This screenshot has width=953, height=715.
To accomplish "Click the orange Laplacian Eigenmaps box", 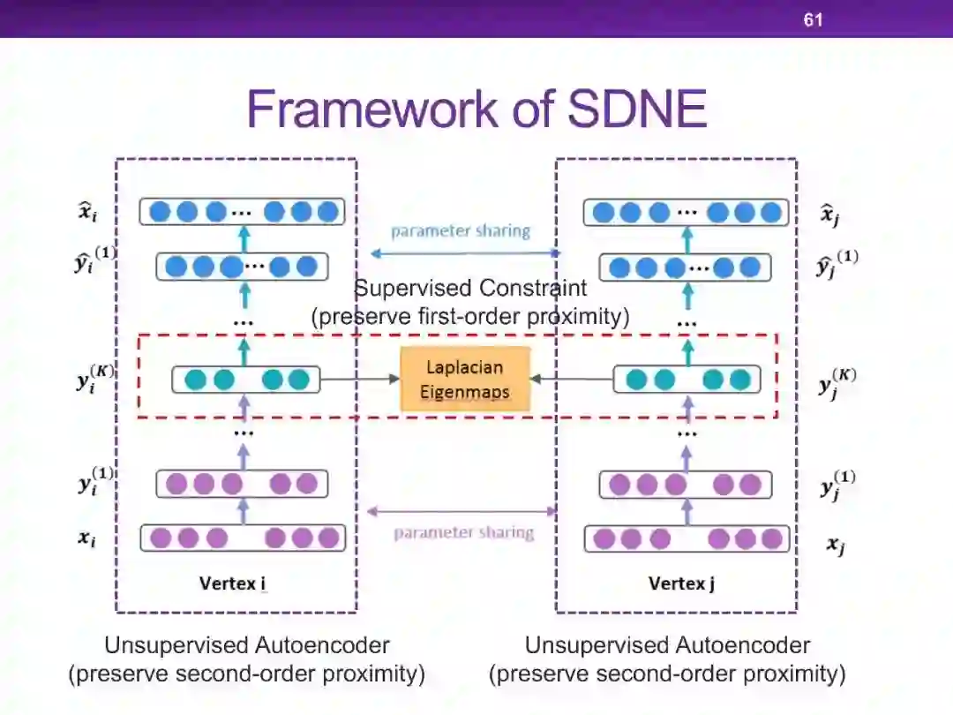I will click(465, 379).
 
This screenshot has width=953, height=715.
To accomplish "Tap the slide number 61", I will click(813, 19).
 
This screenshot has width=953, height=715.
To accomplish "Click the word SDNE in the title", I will click(637, 109).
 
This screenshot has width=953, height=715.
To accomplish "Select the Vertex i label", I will click(233, 583).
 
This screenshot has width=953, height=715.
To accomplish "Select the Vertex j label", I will click(681, 583).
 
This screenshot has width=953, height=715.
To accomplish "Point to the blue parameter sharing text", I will click(461, 231).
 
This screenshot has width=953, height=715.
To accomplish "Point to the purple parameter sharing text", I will click(463, 532).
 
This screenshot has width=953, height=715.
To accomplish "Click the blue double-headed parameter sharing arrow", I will click(465, 253).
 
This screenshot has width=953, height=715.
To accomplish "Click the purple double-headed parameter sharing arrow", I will click(462, 511).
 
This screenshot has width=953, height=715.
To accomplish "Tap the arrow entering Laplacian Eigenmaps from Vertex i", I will click(360, 380).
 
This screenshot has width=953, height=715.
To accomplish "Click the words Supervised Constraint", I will click(470, 288).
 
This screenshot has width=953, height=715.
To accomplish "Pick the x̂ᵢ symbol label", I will click(86, 211).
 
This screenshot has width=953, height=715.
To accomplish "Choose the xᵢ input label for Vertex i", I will click(86, 538).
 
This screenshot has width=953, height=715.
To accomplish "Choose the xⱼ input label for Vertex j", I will click(835, 545).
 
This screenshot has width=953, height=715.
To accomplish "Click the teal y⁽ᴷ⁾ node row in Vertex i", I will click(245, 380).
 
